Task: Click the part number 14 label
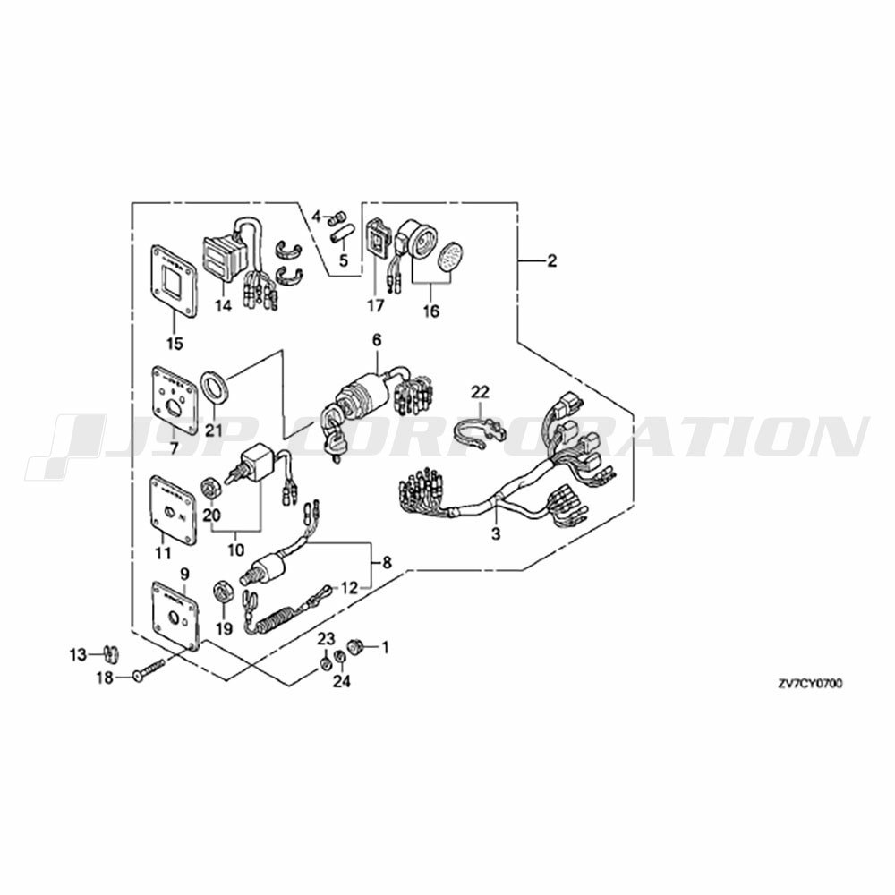click(223, 306)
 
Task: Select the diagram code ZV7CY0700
click(809, 683)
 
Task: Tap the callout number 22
click(480, 392)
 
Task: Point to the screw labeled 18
click(149, 668)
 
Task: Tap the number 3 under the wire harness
click(496, 534)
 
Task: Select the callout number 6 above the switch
click(377, 340)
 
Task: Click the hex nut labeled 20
click(210, 489)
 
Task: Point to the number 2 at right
click(551, 261)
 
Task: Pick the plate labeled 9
click(175, 618)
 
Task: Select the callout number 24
click(343, 681)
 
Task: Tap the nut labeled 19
click(222, 592)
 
